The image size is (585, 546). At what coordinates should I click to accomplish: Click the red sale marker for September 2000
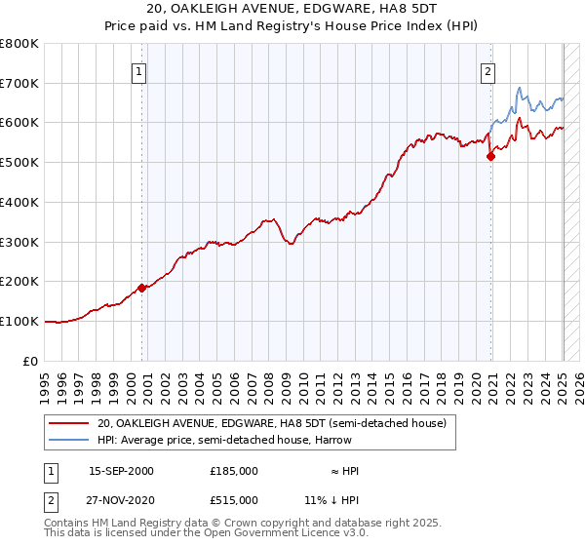[x=141, y=287]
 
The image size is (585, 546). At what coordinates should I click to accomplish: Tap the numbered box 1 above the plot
[x=138, y=70]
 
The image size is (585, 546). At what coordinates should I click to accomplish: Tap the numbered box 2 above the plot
[x=487, y=70]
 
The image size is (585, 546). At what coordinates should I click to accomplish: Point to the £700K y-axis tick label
[x=20, y=83]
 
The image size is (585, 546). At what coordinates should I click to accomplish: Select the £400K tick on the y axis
[x=20, y=202]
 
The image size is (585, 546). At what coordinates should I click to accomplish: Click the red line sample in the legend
[x=68, y=423]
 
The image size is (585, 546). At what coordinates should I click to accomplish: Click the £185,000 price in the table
[x=233, y=470]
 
